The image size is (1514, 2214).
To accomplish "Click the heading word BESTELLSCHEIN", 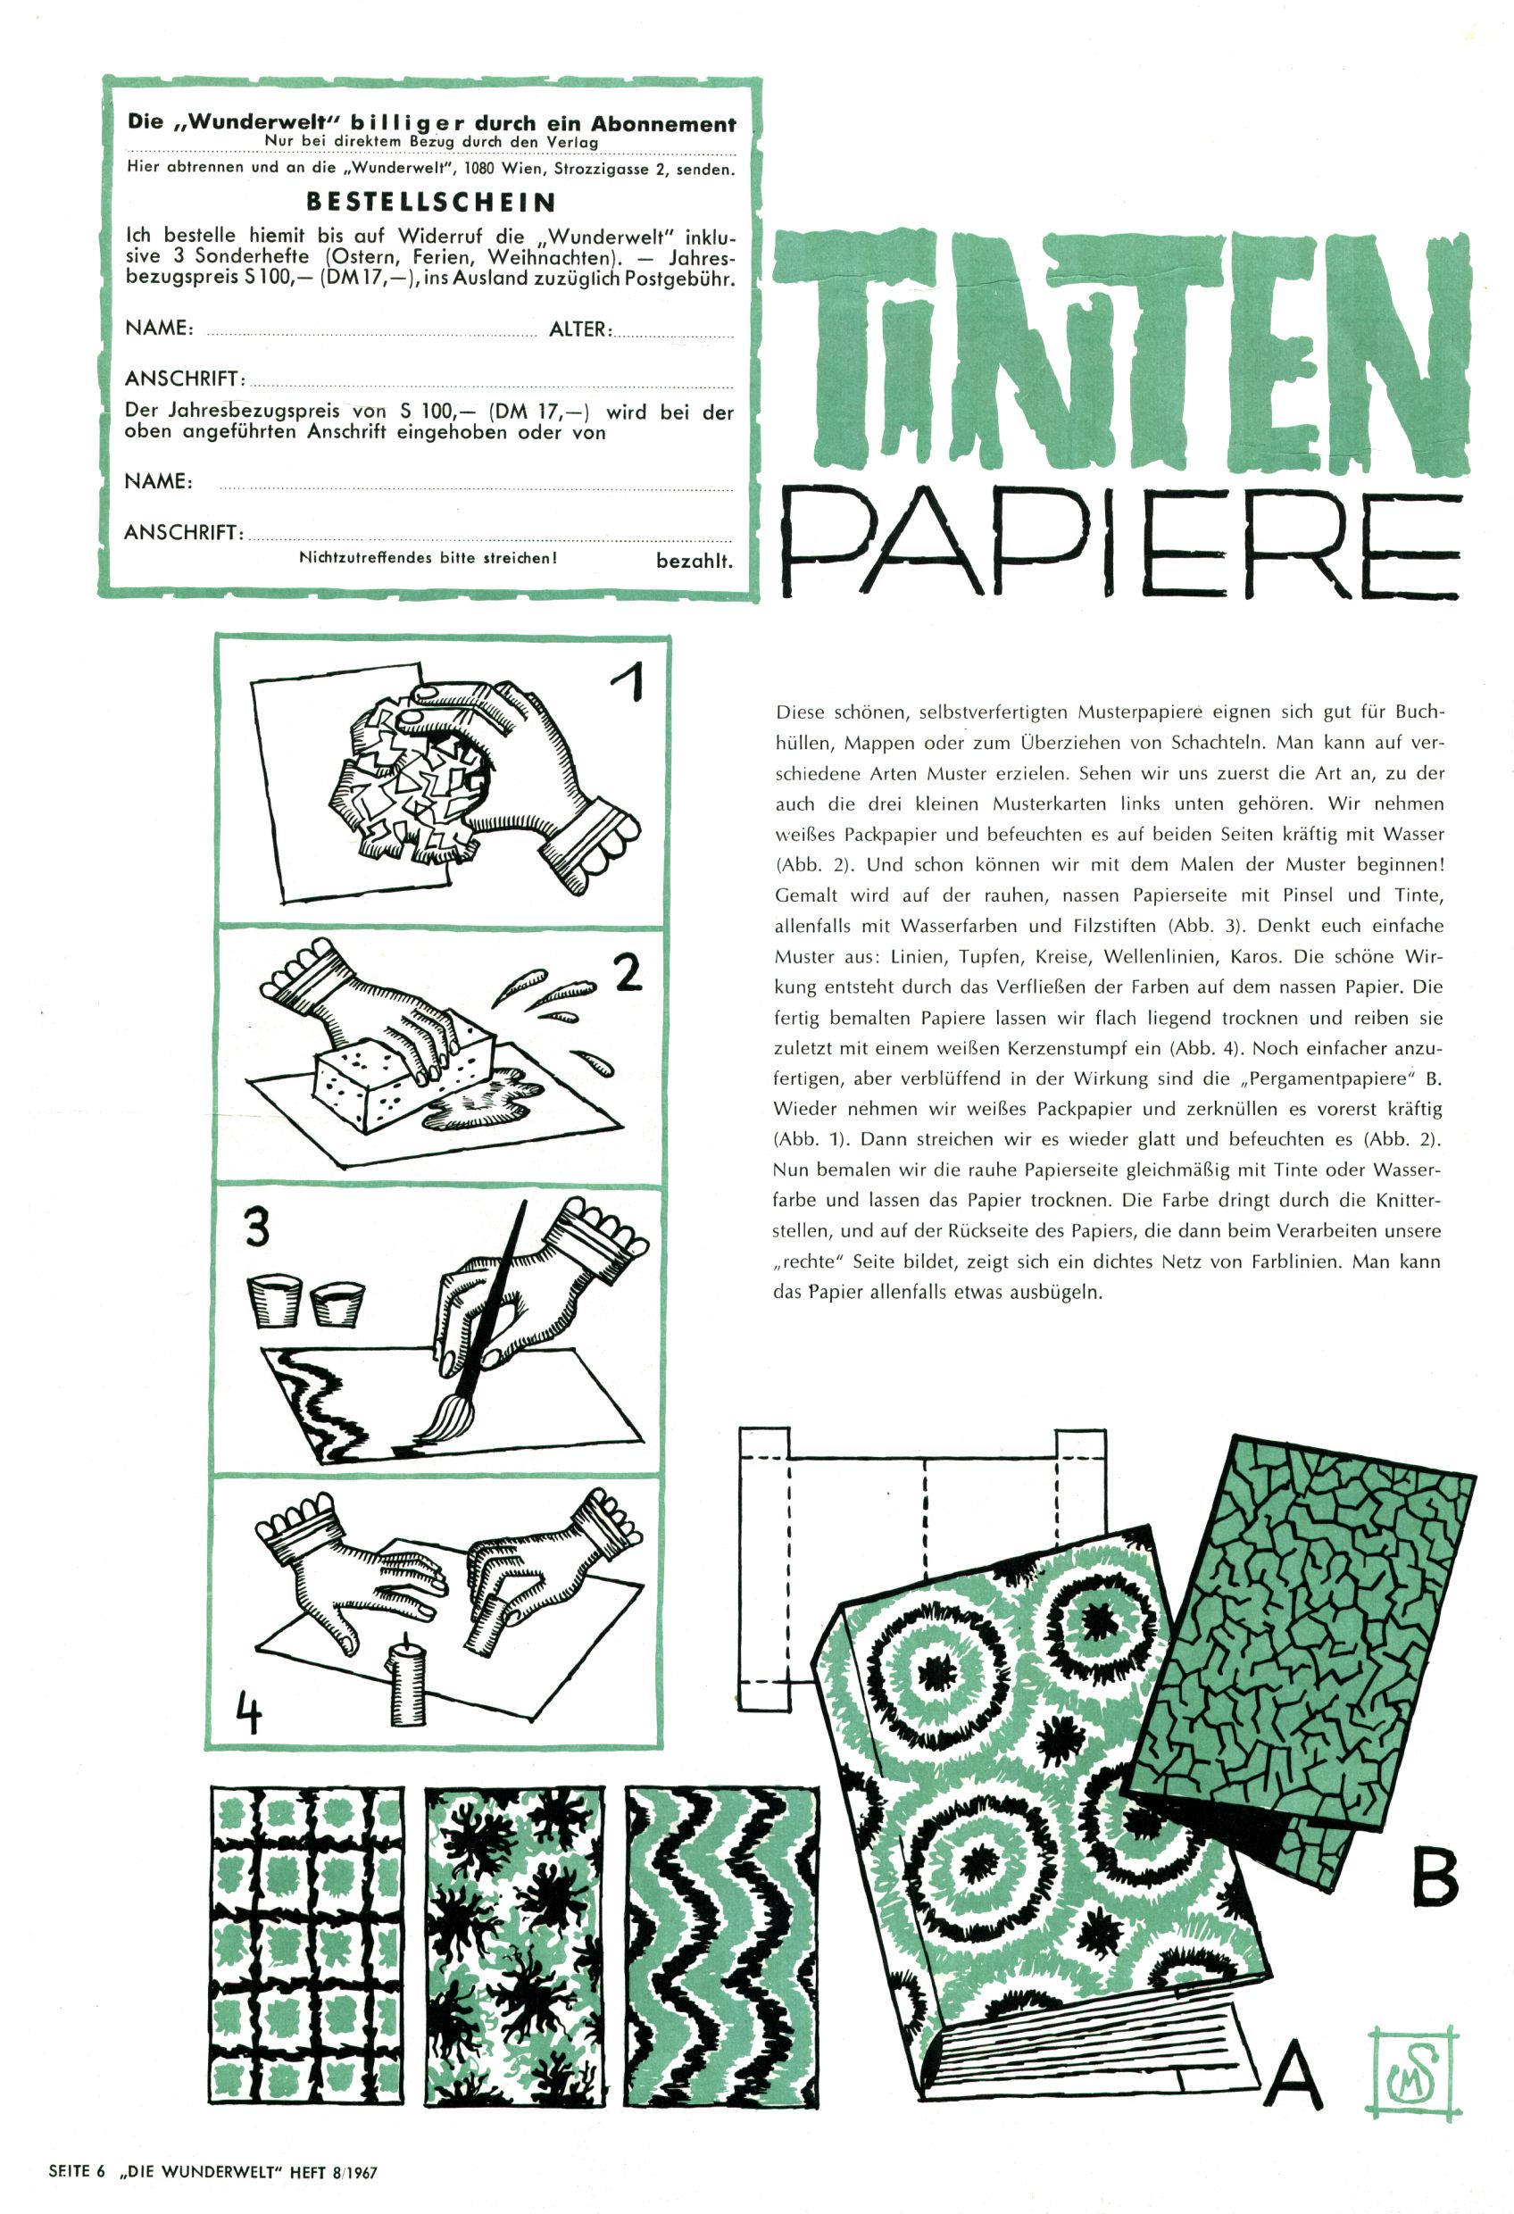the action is point(430,202).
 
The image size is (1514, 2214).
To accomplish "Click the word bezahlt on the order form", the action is point(695,562).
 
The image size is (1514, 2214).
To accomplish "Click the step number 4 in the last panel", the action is point(249,1716).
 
